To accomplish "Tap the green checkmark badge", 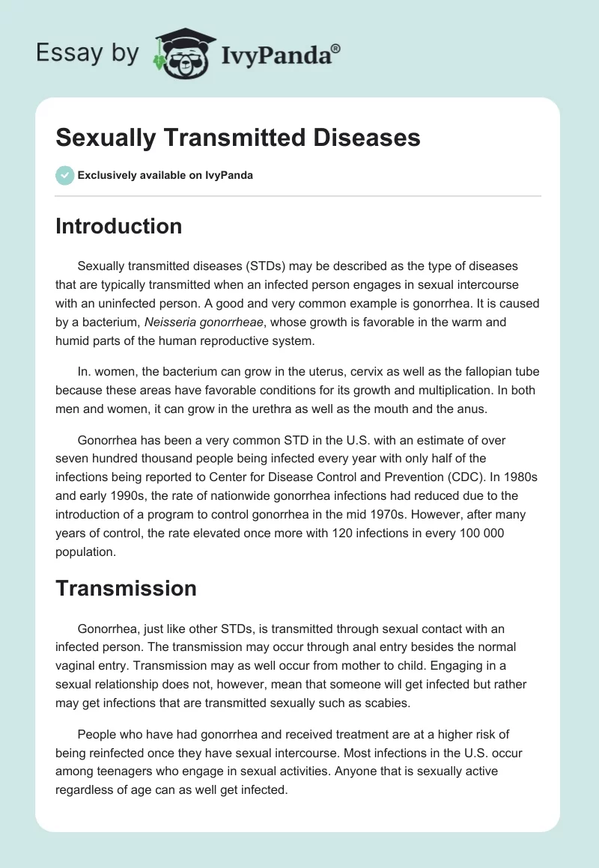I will (x=64, y=175).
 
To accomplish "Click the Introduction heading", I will (x=118, y=226).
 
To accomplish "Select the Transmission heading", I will (x=126, y=588).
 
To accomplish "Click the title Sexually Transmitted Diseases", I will (x=237, y=138).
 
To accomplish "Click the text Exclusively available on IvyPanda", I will (x=165, y=175).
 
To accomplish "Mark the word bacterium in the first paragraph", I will (x=109, y=323).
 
